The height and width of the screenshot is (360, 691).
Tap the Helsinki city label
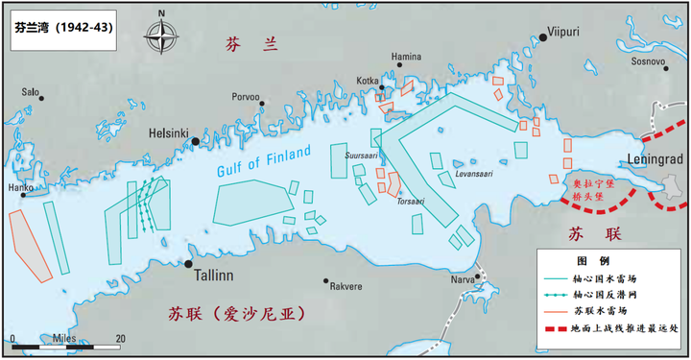pyautogui.click(x=170, y=135)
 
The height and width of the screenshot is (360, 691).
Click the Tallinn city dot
pyautogui.click(x=189, y=263)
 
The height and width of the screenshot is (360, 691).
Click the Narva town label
pyautogui.click(x=464, y=279)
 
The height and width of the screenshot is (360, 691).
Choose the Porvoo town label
pyautogui.click(x=246, y=96)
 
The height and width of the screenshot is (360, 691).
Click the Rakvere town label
pyautogui.click(x=345, y=286)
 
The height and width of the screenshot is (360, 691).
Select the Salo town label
pyautogui.click(x=31, y=92)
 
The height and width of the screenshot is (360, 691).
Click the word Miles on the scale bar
pyautogui.click(x=66, y=339)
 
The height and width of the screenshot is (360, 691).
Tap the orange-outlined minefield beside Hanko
pyautogui.click(x=28, y=239)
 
